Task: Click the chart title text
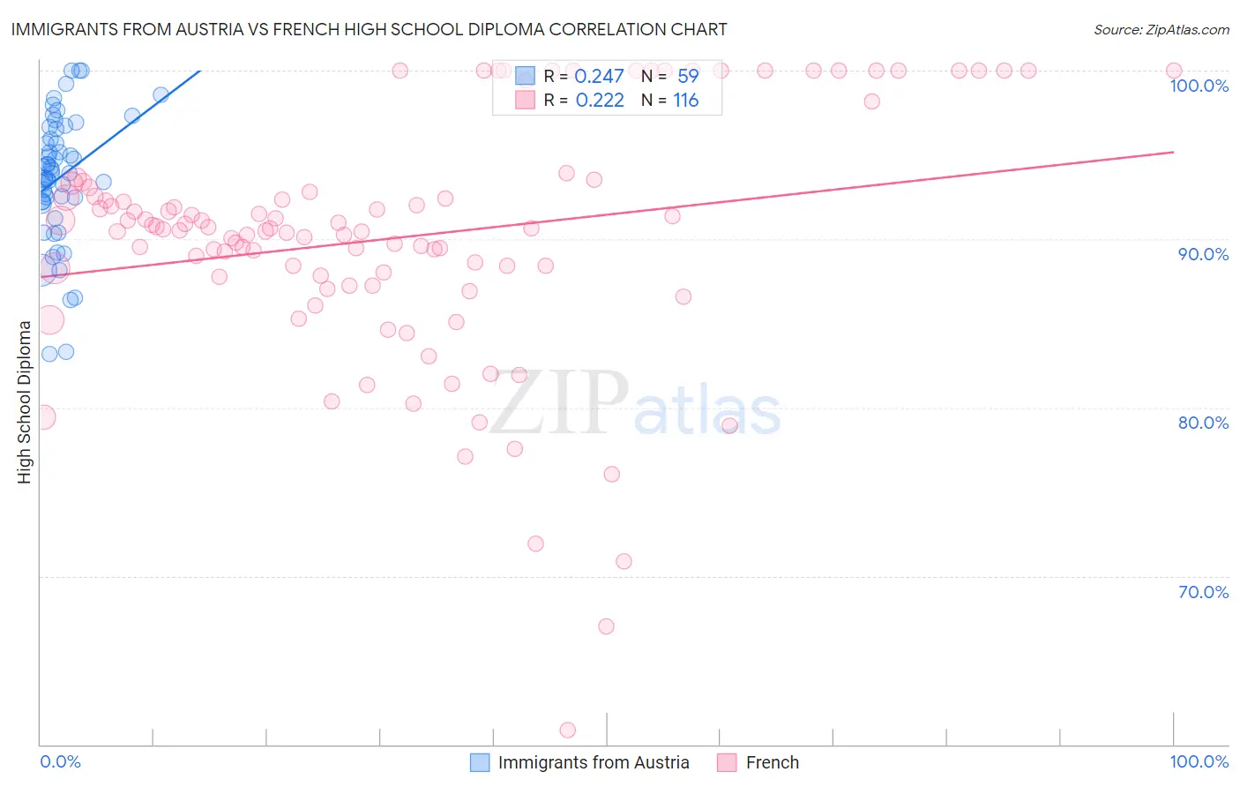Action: tap(369, 29)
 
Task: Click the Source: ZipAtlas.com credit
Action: tap(1161, 30)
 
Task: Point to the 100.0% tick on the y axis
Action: tap(1199, 86)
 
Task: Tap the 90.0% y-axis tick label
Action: tap(1202, 254)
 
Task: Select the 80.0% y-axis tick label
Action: tap(1202, 423)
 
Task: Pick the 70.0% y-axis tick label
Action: tap(1202, 592)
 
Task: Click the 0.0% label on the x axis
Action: tap(60, 762)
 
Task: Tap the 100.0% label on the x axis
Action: tap(1199, 762)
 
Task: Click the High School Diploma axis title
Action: tap(25, 401)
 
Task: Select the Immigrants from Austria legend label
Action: tap(593, 763)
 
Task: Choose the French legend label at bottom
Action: tap(772, 763)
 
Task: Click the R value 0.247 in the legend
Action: tap(599, 77)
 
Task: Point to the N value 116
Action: tap(685, 101)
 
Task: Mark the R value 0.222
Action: tap(600, 101)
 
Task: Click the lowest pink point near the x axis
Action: tap(568, 731)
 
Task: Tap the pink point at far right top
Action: tap(1174, 71)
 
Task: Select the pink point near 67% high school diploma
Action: tap(606, 626)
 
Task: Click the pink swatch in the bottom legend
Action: tap(727, 763)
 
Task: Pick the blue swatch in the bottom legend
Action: tap(480, 763)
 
